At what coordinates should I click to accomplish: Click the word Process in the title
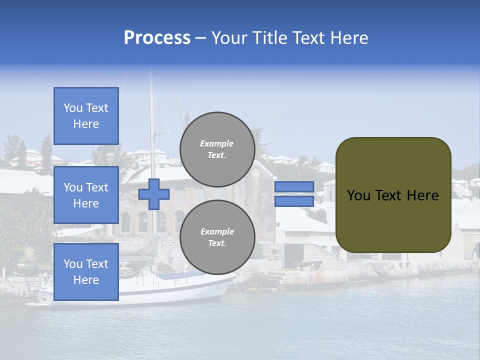click(x=157, y=38)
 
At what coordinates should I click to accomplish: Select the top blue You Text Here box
click(x=86, y=116)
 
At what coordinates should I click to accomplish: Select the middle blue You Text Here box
click(x=86, y=195)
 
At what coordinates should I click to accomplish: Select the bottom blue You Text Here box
click(x=86, y=272)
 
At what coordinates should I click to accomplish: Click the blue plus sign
click(x=154, y=194)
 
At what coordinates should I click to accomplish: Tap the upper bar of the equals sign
click(x=294, y=187)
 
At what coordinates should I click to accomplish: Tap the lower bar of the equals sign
click(x=294, y=201)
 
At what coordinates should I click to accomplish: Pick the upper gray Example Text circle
click(x=217, y=149)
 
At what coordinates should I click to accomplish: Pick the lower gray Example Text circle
click(x=217, y=237)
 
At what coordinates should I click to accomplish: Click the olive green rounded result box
click(x=393, y=195)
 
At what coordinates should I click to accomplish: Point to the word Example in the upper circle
click(x=217, y=143)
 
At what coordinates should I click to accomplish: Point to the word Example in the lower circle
click(x=217, y=231)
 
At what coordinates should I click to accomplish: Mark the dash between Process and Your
click(x=201, y=38)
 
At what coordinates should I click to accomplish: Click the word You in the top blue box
click(x=73, y=108)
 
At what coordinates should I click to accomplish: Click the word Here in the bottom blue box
click(x=86, y=280)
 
